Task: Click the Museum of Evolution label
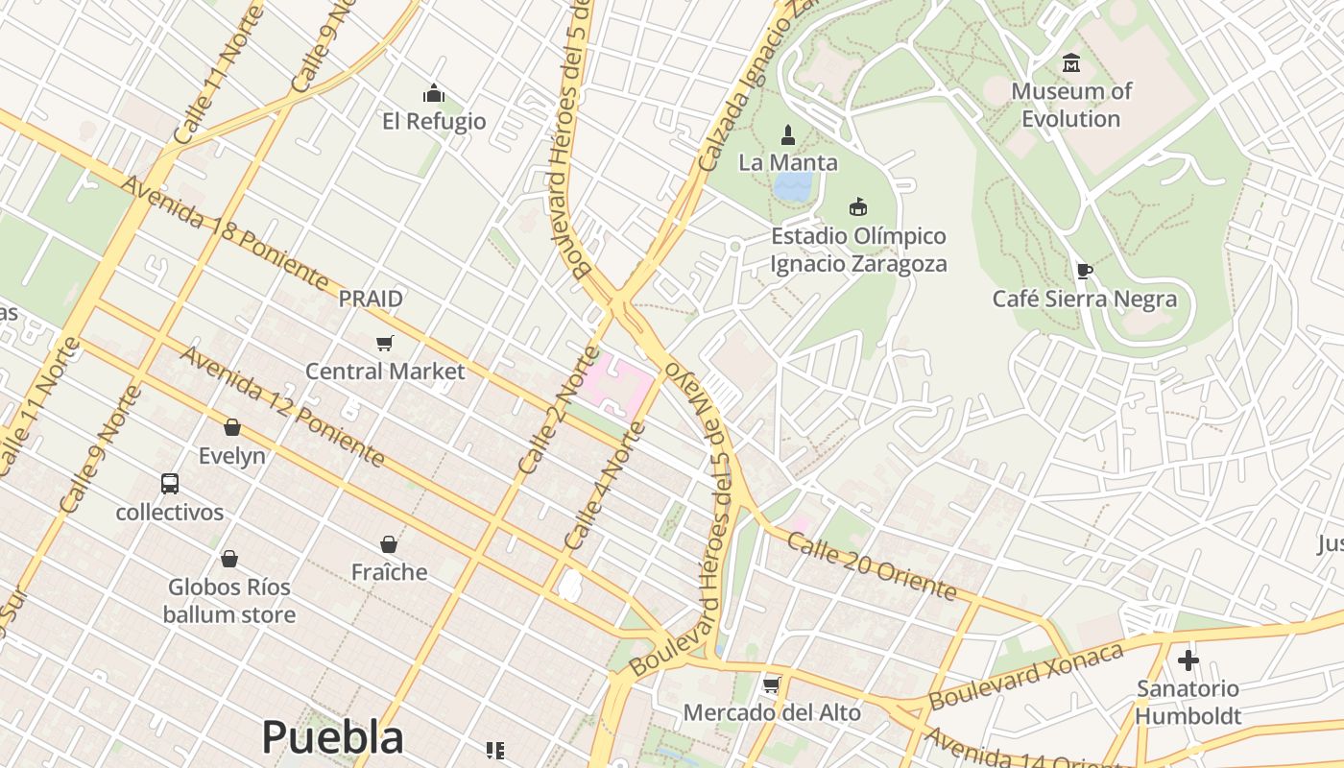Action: tap(1070, 105)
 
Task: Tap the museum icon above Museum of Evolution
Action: tap(1071, 63)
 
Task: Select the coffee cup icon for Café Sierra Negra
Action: tap(1084, 271)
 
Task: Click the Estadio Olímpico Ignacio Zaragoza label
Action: tap(859, 250)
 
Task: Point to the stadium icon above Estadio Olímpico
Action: tap(858, 206)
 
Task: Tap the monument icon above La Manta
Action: tap(788, 133)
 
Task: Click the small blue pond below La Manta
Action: tap(794, 186)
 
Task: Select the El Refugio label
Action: tap(434, 121)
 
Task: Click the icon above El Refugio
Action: tap(434, 93)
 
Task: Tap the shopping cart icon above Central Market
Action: tap(385, 343)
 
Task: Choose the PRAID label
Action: tap(371, 299)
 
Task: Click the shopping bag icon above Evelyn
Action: tap(231, 427)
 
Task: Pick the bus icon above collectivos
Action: tap(170, 483)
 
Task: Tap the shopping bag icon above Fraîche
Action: tap(389, 544)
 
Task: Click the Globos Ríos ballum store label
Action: tap(229, 600)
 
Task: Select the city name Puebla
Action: tap(332, 737)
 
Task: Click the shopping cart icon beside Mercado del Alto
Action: tap(770, 684)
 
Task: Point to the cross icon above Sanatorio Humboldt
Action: tap(1188, 660)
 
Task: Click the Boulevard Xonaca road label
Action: tap(1025, 676)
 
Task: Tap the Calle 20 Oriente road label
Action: tap(871, 564)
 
